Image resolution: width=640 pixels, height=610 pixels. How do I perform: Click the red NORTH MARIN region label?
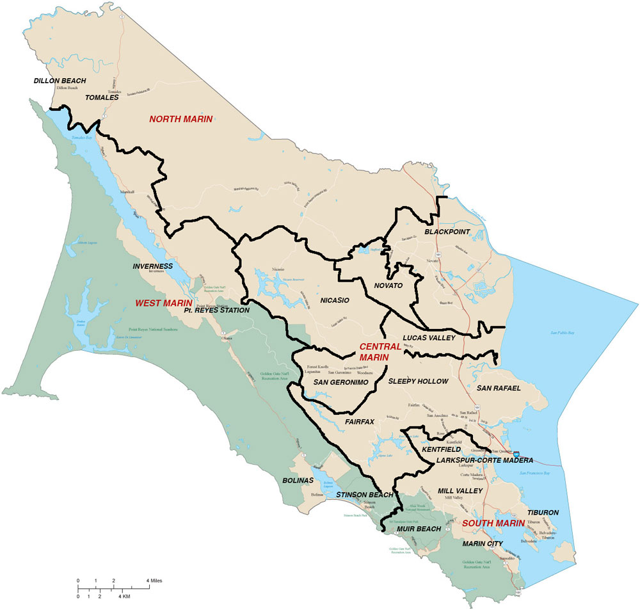[x=180, y=118]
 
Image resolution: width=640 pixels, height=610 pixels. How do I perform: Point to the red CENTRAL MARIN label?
[x=380, y=351]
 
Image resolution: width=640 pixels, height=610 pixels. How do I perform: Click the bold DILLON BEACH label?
[x=60, y=81]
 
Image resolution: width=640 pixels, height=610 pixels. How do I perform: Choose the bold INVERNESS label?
[x=153, y=266]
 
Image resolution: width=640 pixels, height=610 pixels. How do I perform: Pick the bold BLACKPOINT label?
[x=447, y=231]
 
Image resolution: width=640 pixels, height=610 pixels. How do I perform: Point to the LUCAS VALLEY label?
[x=429, y=337]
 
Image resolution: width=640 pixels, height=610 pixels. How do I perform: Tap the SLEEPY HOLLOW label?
[x=419, y=381]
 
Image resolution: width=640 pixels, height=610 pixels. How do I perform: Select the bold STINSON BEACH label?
[x=365, y=495]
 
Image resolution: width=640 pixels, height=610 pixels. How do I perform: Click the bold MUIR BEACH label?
[x=419, y=529]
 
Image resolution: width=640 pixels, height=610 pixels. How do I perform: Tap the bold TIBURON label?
[x=543, y=513]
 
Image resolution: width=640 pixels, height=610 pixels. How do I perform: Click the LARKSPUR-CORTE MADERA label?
[x=485, y=460]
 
